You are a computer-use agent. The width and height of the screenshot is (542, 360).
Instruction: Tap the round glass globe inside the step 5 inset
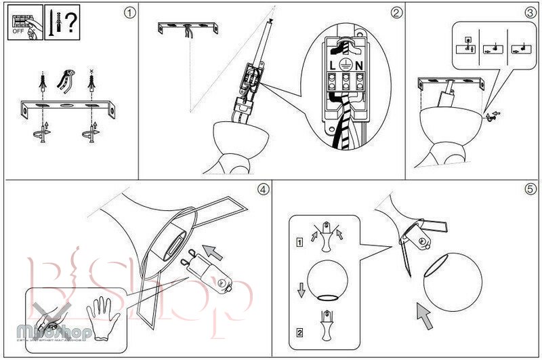click(329, 280)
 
